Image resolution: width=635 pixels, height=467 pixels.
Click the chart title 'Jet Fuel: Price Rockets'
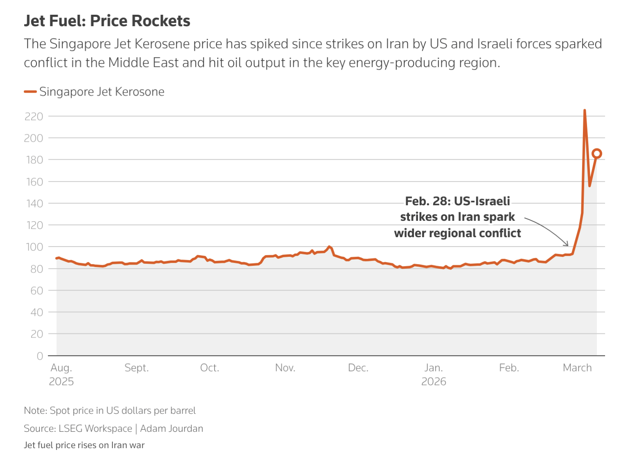pos(107,21)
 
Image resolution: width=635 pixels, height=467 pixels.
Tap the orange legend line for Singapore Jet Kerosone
pos(30,92)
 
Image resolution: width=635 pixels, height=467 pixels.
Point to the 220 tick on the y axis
pos(34,117)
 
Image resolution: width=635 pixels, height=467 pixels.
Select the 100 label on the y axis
pos(34,247)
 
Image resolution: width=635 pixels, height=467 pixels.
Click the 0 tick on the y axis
pos(40,356)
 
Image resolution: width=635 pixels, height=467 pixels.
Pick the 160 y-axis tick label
pos(34,182)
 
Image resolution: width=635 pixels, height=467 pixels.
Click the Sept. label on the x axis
pos(137,368)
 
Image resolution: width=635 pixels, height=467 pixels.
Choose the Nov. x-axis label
pos(285,368)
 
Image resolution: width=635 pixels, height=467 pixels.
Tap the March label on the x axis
pos(577,368)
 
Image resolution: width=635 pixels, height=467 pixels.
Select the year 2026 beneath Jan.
pos(434,382)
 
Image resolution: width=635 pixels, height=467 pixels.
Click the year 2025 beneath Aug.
pos(62,382)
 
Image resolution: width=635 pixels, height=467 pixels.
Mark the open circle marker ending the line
pos(597,154)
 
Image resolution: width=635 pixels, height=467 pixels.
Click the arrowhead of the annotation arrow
pos(568,245)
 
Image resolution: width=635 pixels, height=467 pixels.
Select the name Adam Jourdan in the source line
pos(171,429)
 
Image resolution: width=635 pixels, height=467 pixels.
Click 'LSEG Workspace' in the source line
pos(95,429)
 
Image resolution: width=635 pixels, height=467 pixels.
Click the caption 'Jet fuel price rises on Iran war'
pos(84,445)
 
